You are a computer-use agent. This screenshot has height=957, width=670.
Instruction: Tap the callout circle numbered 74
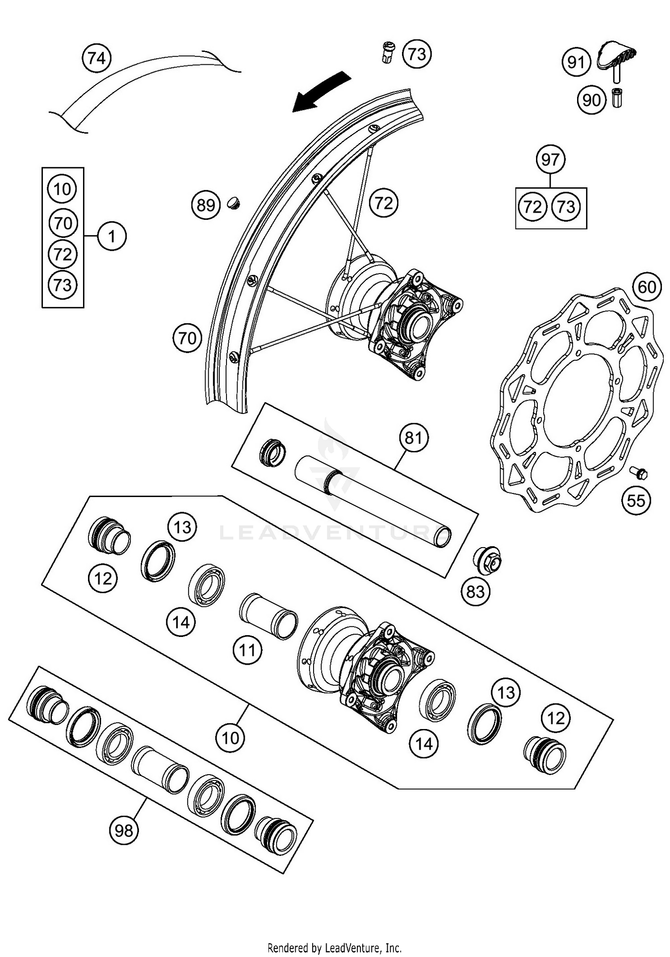point(97,59)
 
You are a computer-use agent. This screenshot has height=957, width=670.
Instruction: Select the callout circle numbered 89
point(206,205)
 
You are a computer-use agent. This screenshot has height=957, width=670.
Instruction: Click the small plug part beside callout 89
point(234,203)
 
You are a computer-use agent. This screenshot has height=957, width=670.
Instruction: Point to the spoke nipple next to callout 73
point(388,53)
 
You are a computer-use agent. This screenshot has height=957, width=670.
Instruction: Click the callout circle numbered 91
point(576,62)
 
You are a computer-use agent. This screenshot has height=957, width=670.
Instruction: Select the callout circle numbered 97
point(550,160)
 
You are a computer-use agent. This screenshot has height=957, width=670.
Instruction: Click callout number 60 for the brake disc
point(647,287)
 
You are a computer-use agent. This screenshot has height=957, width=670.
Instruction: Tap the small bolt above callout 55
point(639,472)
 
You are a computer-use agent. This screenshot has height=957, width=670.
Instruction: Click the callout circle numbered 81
point(414,438)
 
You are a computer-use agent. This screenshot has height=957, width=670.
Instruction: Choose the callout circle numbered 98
point(124,831)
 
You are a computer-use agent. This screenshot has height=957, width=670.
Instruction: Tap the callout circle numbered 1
point(112,236)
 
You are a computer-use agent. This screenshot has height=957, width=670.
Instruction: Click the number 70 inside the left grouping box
point(63,223)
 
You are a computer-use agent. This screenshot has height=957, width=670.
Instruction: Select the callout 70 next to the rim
point(187,338)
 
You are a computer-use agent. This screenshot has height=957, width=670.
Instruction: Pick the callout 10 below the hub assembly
point(230,738)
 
